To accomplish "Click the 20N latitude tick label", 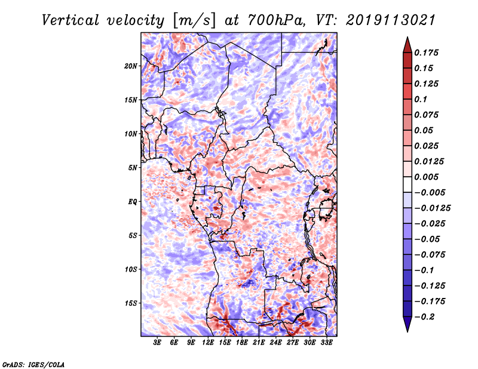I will (131, 66).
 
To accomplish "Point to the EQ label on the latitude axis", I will (132, 201).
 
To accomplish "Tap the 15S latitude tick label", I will (131, 303).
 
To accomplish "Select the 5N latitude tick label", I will (132, 168).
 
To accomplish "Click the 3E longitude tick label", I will (158, 343).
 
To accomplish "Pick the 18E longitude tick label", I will (242, 343).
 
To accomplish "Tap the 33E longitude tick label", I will (327, 343).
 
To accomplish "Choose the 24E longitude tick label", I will (276, 343).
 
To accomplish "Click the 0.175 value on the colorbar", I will (427, 53).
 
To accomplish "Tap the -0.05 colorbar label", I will (431, 239).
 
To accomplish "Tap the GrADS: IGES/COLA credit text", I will (33, 363).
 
